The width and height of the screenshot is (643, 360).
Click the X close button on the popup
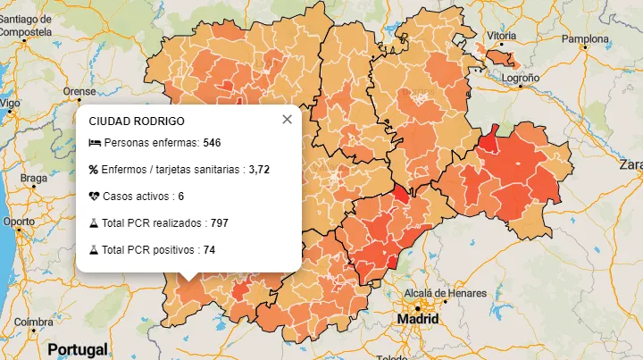[287, 119]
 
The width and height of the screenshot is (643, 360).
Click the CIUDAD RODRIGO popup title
[137, 121]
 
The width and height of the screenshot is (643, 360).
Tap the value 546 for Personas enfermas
[212, 143]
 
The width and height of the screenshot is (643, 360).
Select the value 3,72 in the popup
[259, 169]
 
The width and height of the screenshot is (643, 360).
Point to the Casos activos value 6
[180, 196]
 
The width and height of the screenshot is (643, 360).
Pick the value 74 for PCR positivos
[209, 249]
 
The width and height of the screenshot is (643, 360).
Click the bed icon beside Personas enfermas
[94, 143]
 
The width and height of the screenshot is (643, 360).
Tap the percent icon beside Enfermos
[94, 169]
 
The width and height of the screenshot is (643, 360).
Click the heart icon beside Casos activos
[94, 196]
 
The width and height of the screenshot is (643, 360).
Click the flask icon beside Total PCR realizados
[94, 222]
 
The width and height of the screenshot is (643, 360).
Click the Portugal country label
[78, 348]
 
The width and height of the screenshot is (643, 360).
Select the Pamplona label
[584, 39]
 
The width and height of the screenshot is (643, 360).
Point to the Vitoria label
[501, 36]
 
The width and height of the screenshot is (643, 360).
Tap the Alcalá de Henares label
[446, 293]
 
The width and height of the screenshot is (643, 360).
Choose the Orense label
[79, 91]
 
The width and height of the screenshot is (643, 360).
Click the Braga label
[33, 178]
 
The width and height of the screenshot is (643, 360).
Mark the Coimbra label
[33, 322]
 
